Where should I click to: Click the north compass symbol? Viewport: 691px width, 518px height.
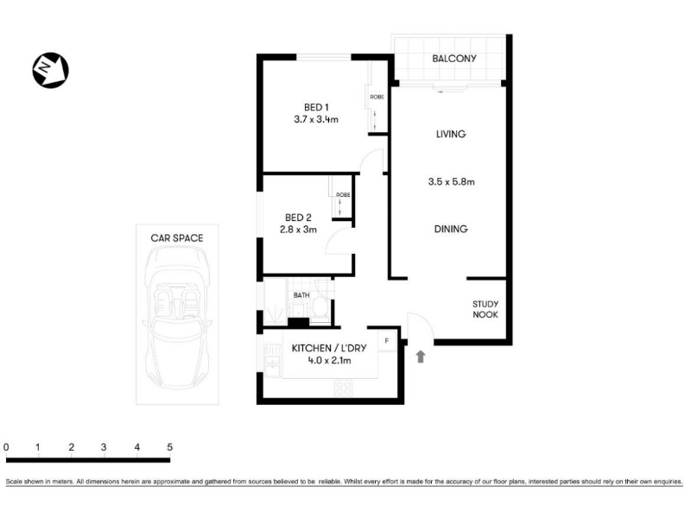[x=51, y=70]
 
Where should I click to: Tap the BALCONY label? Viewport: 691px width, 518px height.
[x=454, y=59]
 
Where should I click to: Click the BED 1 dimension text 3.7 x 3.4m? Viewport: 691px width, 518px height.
[x=316, y=119]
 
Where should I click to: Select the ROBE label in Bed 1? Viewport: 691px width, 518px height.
[x=377, y=97]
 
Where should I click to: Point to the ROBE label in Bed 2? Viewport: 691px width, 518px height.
[x=343, y=195]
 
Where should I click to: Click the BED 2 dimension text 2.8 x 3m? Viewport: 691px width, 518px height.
[x=298, y=230]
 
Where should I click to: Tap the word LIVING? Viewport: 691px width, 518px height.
[x=451, y=134]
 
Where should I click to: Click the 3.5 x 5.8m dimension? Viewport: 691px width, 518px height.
[x=451, y=181]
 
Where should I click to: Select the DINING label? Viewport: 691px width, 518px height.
[x=451, y=229]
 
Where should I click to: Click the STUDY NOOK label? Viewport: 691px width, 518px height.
[x=485, y=309]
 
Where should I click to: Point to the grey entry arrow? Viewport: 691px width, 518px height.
[x=421, y=357]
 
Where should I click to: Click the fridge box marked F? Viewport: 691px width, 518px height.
[x=387, y=341]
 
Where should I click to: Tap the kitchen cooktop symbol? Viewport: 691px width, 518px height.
[x=343, y=388]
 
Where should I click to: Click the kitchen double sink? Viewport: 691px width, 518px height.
[x=272, y=360]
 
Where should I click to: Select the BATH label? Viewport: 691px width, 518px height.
[x=301, y=295]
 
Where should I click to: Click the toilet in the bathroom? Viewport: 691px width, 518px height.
[x=320, y=306]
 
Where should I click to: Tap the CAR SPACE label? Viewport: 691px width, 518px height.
[x=177, y=238]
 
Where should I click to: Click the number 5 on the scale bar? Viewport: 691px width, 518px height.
[x=169, y=447]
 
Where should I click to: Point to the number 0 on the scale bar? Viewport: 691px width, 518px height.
[x=6, y=447]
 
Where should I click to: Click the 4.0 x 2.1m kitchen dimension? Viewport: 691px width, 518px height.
[x=329, y=361]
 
